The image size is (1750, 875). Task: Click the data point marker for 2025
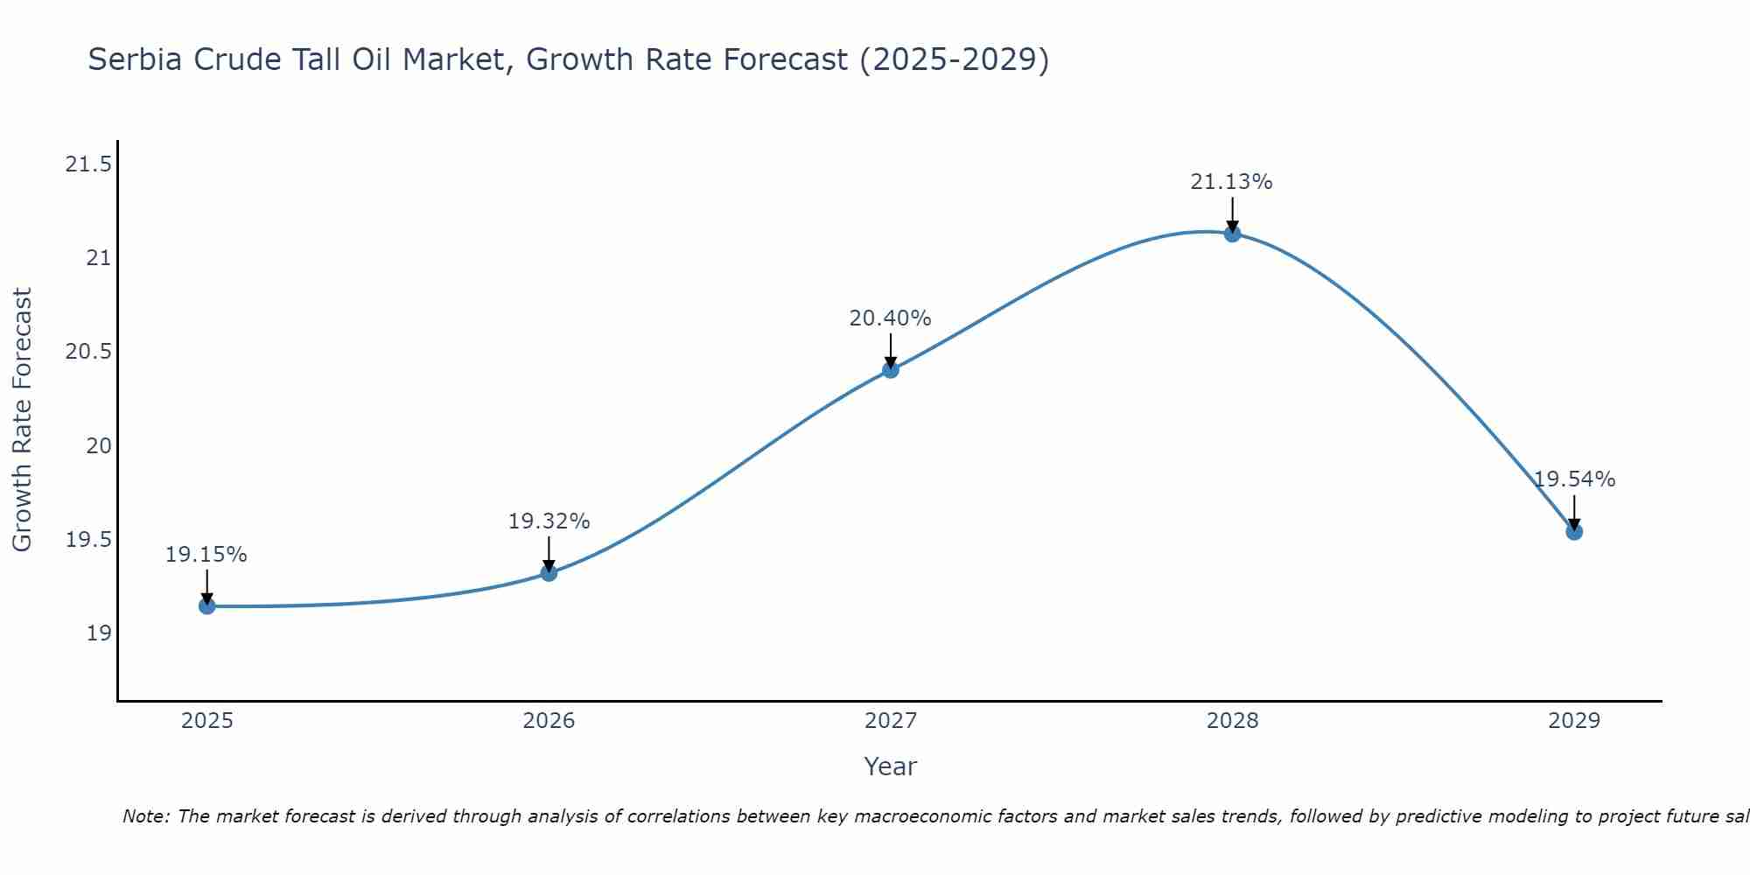pos(206,605)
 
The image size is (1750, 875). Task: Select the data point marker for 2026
pos(549,573)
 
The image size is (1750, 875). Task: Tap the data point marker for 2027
pos(891,369)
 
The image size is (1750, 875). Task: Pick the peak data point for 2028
pos(1232,233)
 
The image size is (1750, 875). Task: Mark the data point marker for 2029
pos(1574,531)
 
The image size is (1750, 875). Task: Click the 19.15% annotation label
pos(206,555)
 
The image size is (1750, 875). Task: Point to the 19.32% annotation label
pos(549,521)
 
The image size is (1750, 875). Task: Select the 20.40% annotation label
pos(890,318)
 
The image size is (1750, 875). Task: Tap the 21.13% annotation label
pos(1231,182)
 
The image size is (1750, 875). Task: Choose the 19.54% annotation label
pos(1574,479)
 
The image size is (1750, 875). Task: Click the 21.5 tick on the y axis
pos(88,164)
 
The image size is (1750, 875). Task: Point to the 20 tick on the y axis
pos(99,446)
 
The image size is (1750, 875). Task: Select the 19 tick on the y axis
pos(99,633)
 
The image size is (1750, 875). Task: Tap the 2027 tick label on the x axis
pos(891,721)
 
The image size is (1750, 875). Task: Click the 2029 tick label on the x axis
pos(1574,721)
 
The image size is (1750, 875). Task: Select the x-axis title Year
pos(890,766)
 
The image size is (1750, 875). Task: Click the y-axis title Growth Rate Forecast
pos(22,420)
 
